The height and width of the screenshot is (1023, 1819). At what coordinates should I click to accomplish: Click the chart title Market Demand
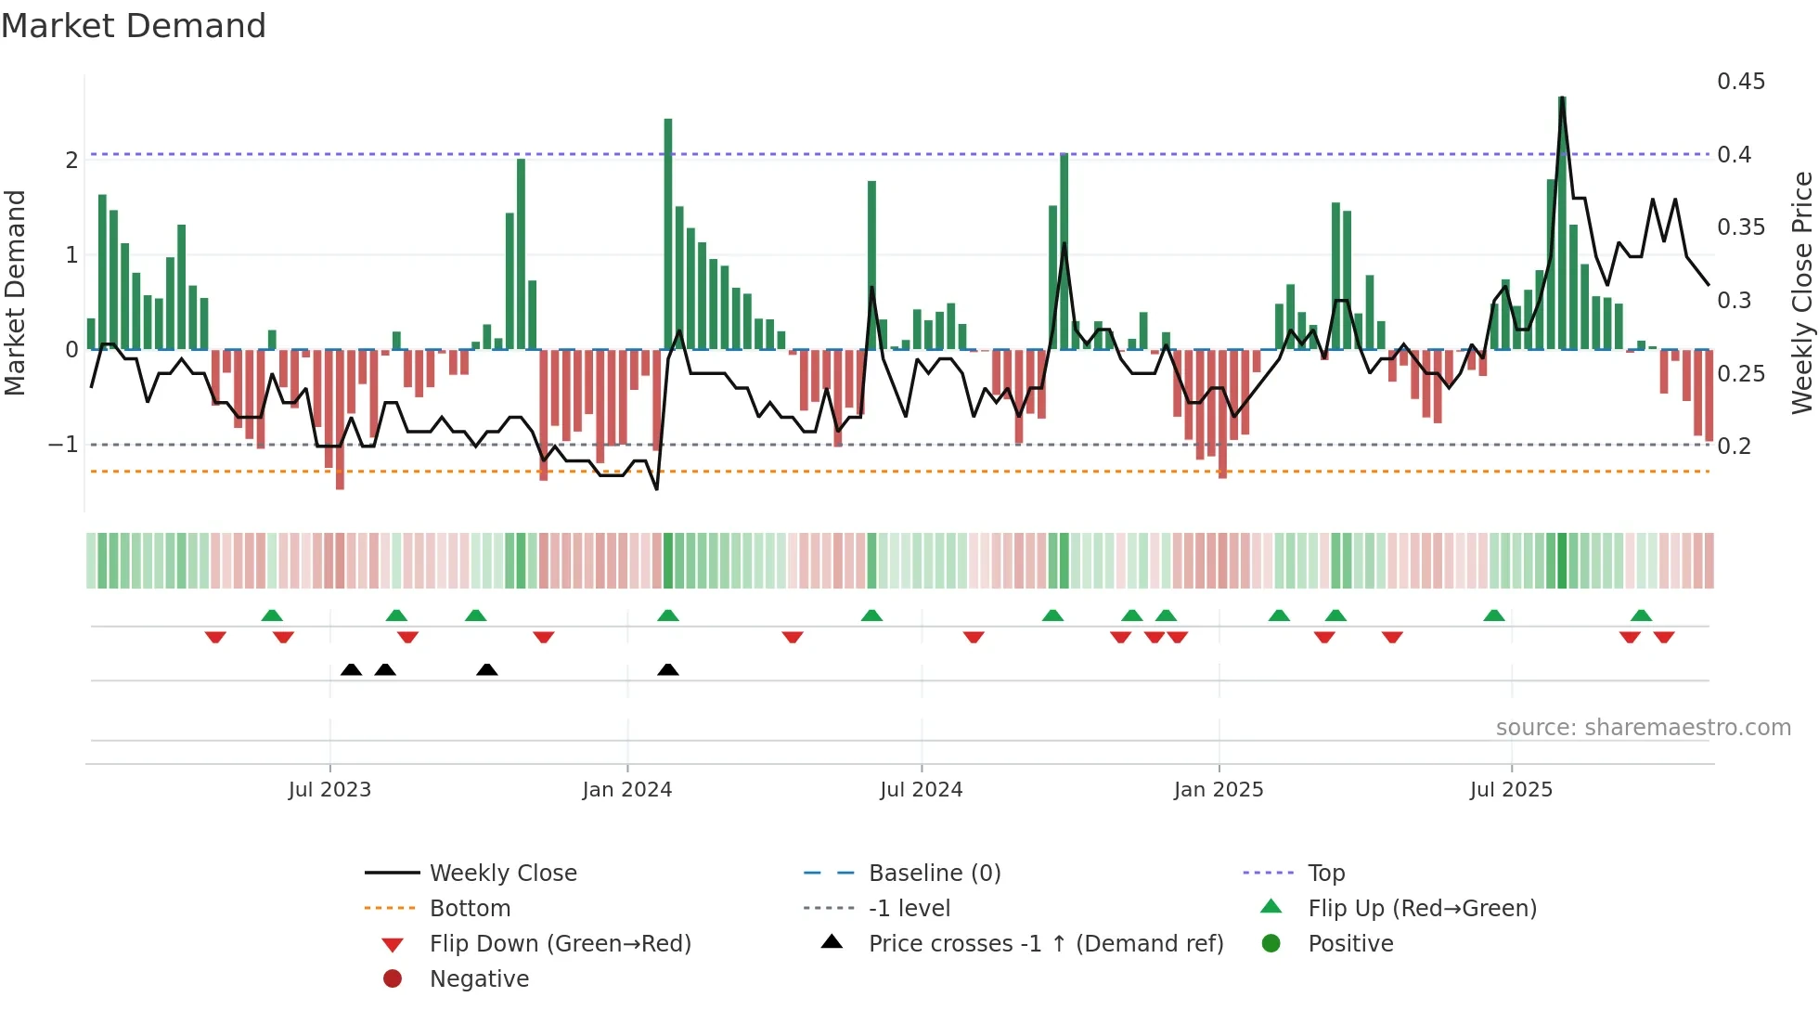134,26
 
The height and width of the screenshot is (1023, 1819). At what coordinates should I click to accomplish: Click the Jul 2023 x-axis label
329,790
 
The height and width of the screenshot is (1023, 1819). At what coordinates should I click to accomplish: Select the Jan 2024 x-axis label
626,790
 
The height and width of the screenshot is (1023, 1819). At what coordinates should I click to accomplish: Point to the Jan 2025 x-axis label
1218,790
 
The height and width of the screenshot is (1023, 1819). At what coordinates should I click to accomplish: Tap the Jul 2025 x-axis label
1511,790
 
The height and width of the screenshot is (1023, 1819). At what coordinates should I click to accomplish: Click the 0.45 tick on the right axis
1740,82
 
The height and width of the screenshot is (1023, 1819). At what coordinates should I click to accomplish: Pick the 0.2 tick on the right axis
1734,447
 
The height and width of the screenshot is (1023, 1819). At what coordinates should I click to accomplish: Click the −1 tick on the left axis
63,445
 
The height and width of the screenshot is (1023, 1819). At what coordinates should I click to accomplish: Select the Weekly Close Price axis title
1801,292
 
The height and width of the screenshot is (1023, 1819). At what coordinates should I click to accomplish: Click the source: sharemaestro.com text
1643,728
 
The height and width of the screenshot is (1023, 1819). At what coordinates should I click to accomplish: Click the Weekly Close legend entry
502,874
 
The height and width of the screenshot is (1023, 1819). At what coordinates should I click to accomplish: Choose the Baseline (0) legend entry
934,874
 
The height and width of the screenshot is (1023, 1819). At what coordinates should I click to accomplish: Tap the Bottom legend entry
470,909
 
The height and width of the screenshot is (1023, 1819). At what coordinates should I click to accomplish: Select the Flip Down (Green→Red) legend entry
560,944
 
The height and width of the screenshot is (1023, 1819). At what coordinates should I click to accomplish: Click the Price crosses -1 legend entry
1045,944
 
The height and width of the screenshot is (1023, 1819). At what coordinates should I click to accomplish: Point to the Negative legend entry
479,979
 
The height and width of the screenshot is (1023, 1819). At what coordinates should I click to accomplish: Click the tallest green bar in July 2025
1562,223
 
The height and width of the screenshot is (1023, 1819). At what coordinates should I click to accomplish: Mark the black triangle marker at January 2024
668,669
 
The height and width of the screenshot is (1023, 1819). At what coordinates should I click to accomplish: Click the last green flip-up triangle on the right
1641,615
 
